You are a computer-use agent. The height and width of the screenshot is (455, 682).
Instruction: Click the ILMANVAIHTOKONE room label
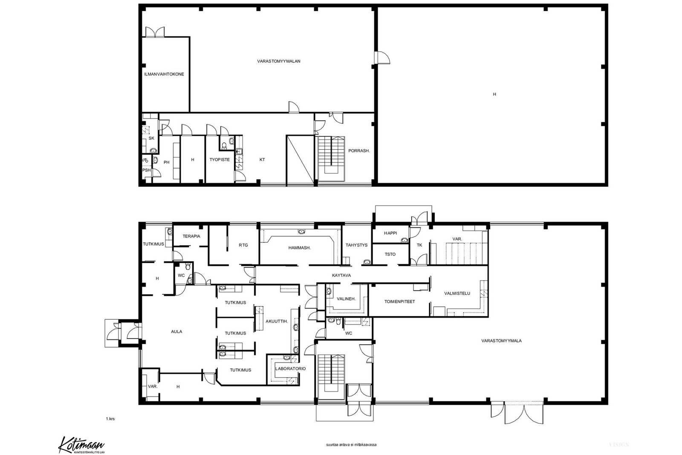click(164, 74)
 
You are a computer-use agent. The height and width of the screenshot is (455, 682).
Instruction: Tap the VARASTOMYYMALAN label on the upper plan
click(279, 61)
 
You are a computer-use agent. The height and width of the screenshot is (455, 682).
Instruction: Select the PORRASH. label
click(359, 151)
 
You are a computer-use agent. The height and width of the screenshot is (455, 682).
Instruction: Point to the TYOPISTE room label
click(220, 159)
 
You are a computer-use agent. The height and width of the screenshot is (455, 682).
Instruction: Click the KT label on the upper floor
click(262, 159)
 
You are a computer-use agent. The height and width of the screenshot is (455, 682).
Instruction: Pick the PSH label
click(147, 170)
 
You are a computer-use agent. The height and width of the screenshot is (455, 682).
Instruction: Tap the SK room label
click(151, 138)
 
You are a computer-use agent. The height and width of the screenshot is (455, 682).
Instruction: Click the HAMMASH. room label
click(299, 248)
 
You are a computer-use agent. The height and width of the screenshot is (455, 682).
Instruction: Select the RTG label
click(243, 245)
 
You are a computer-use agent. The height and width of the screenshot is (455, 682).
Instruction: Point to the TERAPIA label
click(191, 236)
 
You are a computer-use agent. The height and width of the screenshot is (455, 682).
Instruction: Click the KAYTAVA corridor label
click(341, 275)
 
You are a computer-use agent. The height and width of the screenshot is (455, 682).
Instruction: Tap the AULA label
click(176, 332)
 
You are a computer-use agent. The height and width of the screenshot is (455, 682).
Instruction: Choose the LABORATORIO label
click(290, 368)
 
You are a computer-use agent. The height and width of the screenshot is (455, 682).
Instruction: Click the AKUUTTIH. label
click(277, 321)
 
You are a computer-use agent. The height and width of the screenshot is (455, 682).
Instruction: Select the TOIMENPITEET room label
click(399, 301)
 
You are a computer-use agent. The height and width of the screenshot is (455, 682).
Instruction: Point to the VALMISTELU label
click(457, 293)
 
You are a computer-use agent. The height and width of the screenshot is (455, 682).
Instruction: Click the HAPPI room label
click(390, 233)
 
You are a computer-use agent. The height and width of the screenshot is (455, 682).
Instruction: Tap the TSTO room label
click(390, 254)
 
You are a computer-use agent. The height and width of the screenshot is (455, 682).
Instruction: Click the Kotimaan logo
click(81, 445)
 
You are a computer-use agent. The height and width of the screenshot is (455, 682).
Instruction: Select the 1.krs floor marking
click(110, 419)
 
